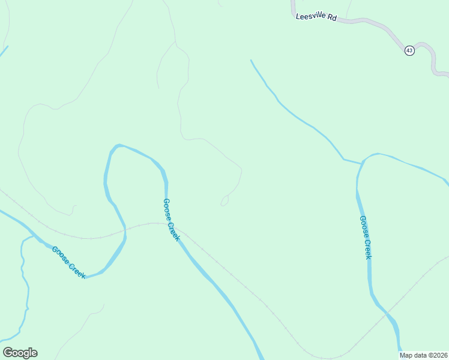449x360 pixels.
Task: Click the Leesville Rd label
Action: pos(316,17)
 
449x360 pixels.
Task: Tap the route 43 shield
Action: pos(409,50)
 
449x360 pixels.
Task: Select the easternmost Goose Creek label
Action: pos(366,238)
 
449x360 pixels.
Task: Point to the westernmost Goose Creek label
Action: pos(68,262)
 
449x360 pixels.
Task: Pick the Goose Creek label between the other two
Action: pos(171,220)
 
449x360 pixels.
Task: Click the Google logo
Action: pos(20,353)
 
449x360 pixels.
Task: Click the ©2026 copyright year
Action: pos(437,355)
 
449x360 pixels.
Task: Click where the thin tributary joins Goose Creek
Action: pos(361,163)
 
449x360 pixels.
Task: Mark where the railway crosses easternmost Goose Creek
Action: pos(385,309)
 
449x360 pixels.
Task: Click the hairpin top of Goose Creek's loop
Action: pos(119,146)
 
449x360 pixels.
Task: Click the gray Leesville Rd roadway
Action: pos(366,22)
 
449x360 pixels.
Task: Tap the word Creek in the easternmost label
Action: pos(367,249)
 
